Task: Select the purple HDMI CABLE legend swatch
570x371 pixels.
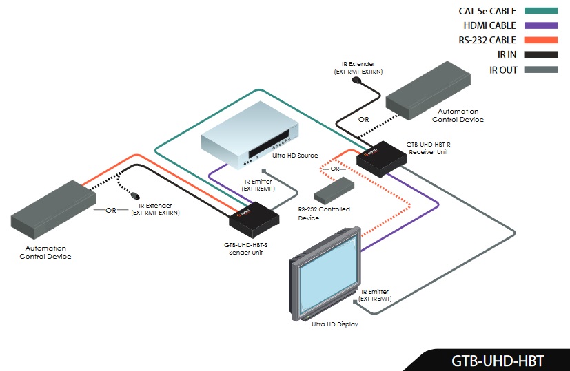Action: point(540,26)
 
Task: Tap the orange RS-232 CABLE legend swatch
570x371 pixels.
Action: point(540,41)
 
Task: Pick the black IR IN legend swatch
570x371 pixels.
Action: point(540,55)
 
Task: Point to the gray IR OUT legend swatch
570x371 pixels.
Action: point(540,70)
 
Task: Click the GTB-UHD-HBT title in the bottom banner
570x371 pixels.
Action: point(498,359)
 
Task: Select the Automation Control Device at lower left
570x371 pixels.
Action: point(52,206)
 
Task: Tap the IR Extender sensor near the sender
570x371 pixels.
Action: point(136,195)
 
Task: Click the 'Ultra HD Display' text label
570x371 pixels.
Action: point(334,324)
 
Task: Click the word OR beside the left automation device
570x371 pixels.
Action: point(111,211)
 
